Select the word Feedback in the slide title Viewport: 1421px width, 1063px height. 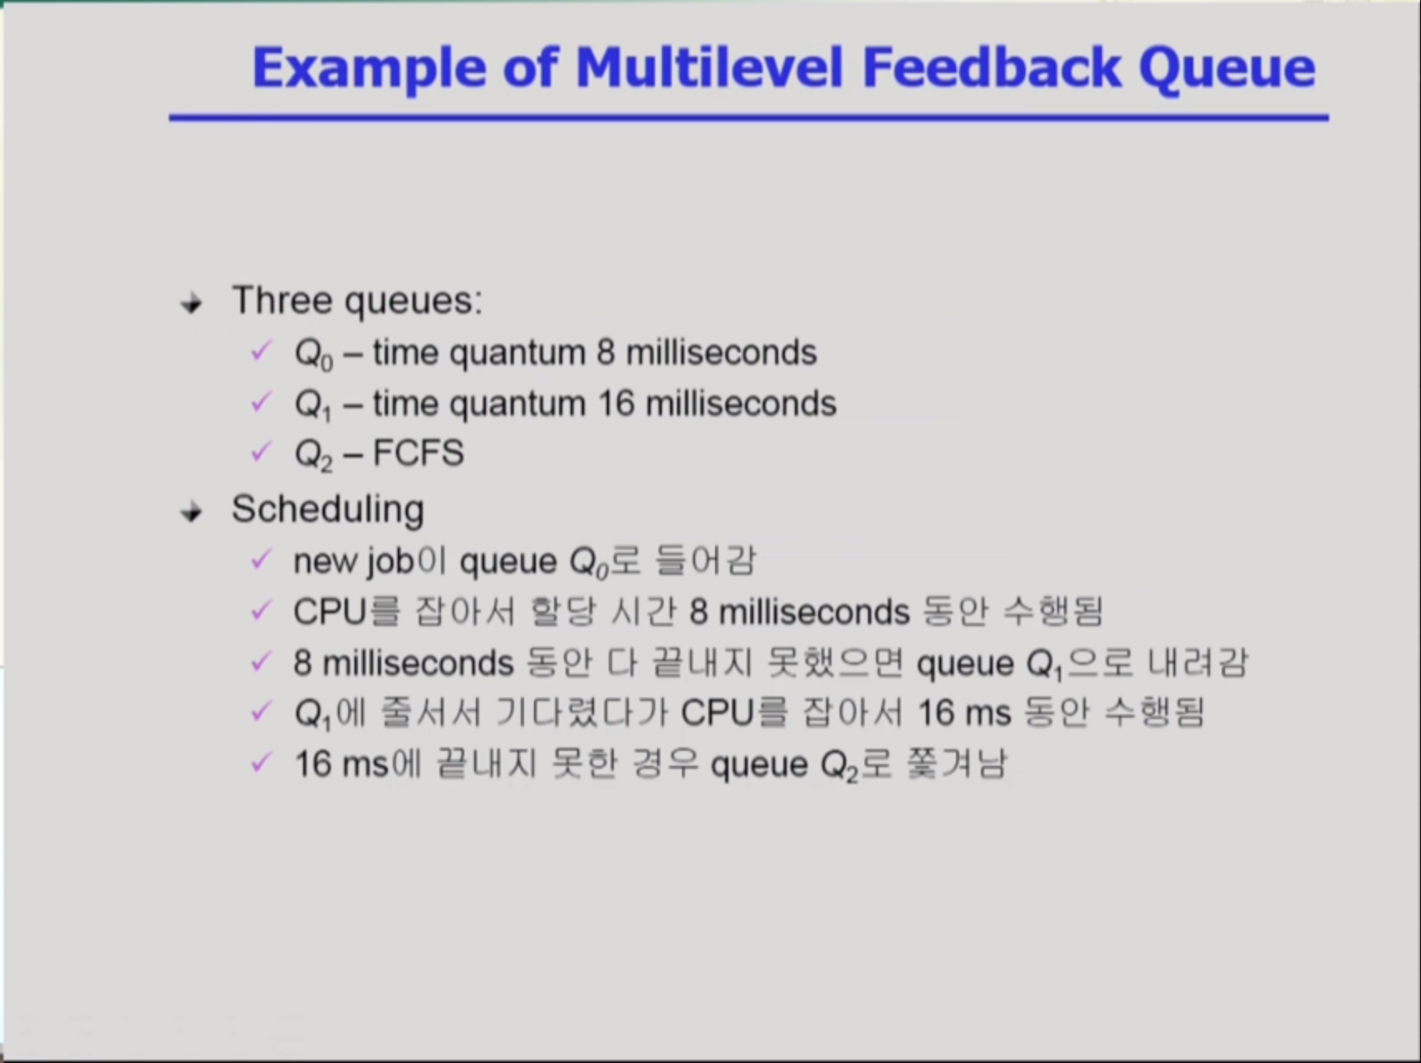click(x=991, y=67)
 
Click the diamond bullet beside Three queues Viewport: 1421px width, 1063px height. click(x=192, y=303)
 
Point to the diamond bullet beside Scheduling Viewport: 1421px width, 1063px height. click(x=192, y=512)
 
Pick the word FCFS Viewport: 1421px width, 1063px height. click(x=418, y=453)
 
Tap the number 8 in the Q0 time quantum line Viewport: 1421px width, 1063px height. click(x=605, y=353)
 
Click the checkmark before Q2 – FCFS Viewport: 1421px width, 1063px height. click(x=260, y=452)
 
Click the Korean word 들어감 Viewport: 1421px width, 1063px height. click(x=705, y=561)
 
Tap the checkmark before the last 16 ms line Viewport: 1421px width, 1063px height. click(x=260, y=762)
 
